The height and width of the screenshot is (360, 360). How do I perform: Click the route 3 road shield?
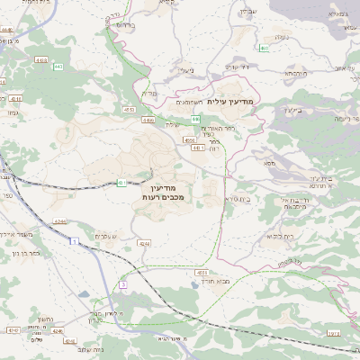click(x=124, y=284)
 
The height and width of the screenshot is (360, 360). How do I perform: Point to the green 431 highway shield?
click(x=121, y=183)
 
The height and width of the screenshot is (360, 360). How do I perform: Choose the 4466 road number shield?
click(x=148, y=119)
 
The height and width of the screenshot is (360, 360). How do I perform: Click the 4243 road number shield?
click(x=60, y=219)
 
